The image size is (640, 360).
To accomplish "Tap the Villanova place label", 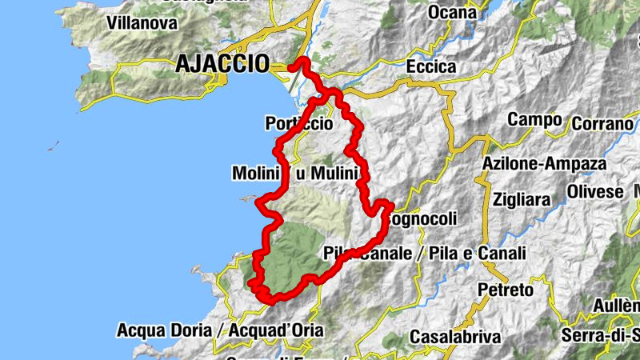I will [142, 23].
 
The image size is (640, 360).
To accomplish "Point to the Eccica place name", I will [431, 67].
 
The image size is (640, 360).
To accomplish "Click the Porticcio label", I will [298, 124].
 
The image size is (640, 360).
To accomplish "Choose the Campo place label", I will [534, 120].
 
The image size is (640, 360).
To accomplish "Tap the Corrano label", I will [602, 124].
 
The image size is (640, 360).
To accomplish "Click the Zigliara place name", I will [522, 198].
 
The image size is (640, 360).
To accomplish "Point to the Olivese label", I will [596, 193].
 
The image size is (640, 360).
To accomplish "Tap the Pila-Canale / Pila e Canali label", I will [425, 254].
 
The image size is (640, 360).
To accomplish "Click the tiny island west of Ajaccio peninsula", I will [54, 146].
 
